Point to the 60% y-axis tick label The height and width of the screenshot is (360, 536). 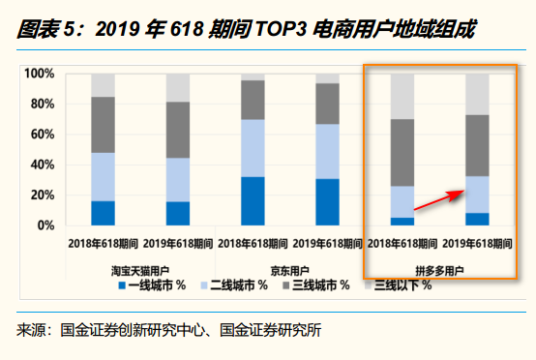(41, 135)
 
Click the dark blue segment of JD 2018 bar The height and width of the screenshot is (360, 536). (253, 200)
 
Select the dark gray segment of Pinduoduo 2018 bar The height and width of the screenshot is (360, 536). (402, 152)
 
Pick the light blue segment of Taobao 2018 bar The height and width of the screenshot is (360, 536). (104, 176)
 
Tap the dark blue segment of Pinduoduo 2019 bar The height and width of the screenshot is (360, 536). (477, 219)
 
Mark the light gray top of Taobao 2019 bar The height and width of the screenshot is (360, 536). (178, 87)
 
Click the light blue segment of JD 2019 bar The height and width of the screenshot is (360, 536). (328, 151)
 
